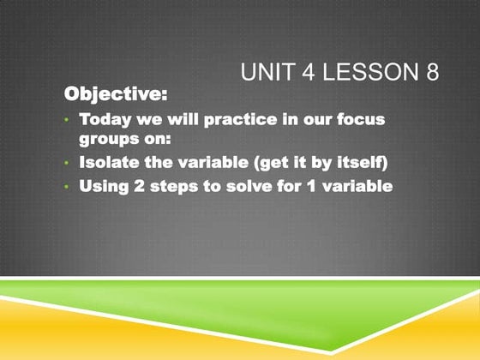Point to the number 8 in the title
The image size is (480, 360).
pos(432,74)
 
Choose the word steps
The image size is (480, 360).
pos(172,184)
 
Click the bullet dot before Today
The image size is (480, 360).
pos(67,119)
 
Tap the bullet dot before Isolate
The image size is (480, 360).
pos(67,161)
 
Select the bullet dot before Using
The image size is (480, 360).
pos(67,185)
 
